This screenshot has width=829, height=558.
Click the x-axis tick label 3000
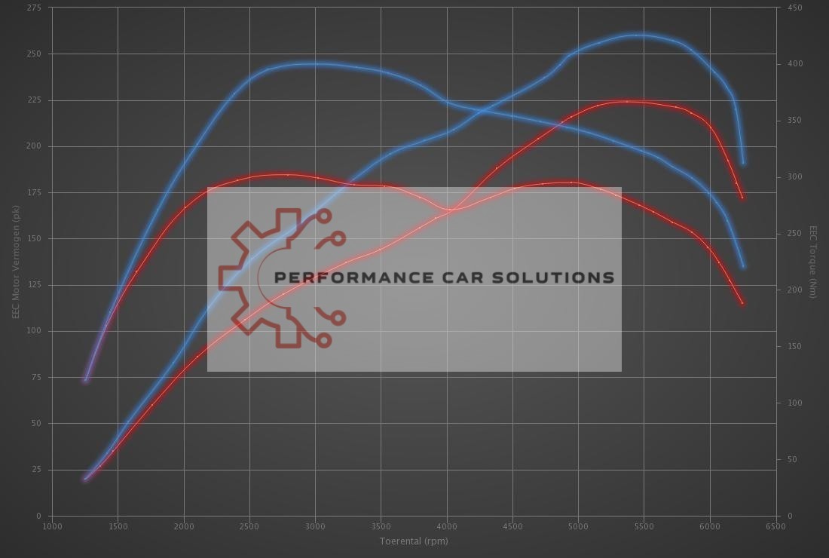[315, 526]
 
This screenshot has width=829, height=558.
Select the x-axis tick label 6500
[775, 526]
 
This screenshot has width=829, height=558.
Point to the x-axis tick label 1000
[52, 526]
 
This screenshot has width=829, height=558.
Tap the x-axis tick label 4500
[512, 526]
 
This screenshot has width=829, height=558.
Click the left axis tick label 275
[34, 8]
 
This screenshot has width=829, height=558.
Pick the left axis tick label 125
[34, 285]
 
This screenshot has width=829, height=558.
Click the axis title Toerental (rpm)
[413, 541]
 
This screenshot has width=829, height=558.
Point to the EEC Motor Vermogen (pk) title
[16, 262]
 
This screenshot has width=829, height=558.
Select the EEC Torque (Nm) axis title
[813, 262]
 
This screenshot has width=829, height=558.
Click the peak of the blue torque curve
[315, 64]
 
